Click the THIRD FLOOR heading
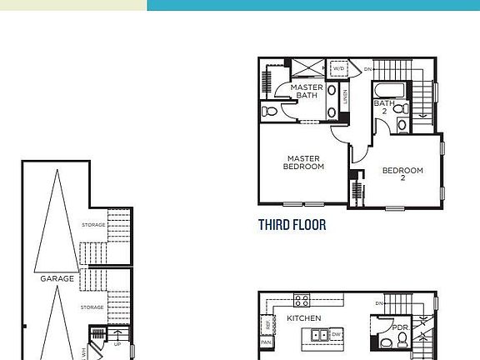coord(292,225)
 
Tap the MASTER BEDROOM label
coord(304,162)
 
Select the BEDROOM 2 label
coord(402,174)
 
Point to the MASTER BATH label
coord(307,91)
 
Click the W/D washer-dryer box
coord(339,69)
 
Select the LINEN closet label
coord(344,102)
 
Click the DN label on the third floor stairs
coord(368,69)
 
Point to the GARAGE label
coord(57,278)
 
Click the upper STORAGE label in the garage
coord(92,225)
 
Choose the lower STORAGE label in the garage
coord(92,307)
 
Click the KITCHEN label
coord(304,318)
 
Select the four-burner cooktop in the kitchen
coord(302,300)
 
